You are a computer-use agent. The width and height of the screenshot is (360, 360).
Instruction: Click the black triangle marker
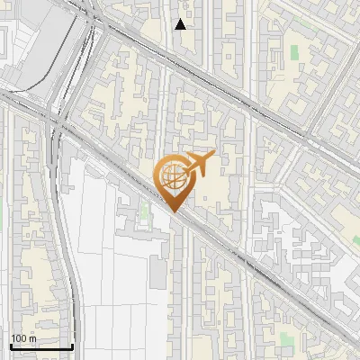tap(181, 24)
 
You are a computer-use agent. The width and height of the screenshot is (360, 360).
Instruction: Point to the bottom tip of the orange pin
tap(174, 212)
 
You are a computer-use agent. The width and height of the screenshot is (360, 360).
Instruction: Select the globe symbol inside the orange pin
tap(174, 175)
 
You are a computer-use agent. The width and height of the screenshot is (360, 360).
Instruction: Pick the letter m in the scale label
tap(34, 338)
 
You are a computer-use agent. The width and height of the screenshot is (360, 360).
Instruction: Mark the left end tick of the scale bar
tap(10, 346)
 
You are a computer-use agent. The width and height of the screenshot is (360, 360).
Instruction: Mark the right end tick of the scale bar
tap(72, 346)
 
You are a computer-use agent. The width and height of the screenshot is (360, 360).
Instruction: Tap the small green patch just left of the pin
tap(143, 213)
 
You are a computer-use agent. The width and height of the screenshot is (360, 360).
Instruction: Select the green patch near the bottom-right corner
tap(286, 339)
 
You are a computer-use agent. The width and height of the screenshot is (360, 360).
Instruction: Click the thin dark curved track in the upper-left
tap(56, 54)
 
